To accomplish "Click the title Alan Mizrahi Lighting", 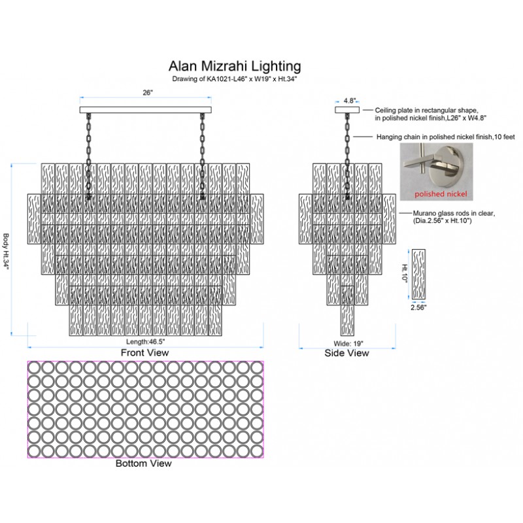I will (x=235, y=66).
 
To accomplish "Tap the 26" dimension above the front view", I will (x=147, y=93).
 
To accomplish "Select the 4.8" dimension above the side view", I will (x=350, y=101).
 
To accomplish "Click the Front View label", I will (x=144, y=352).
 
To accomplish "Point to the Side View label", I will (x=347, y=353).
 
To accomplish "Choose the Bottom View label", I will (x=144, y=464).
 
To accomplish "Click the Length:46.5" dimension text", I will (x=144, y=342).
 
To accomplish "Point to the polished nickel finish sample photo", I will (x=434, y=172).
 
